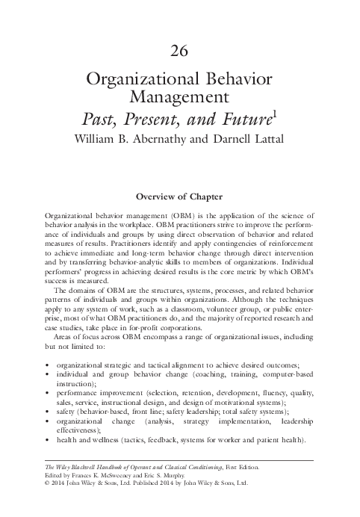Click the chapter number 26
click(x=179, y=52)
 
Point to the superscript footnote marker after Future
click(x=274, y=113)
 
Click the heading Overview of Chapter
click(x=179, y=197)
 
